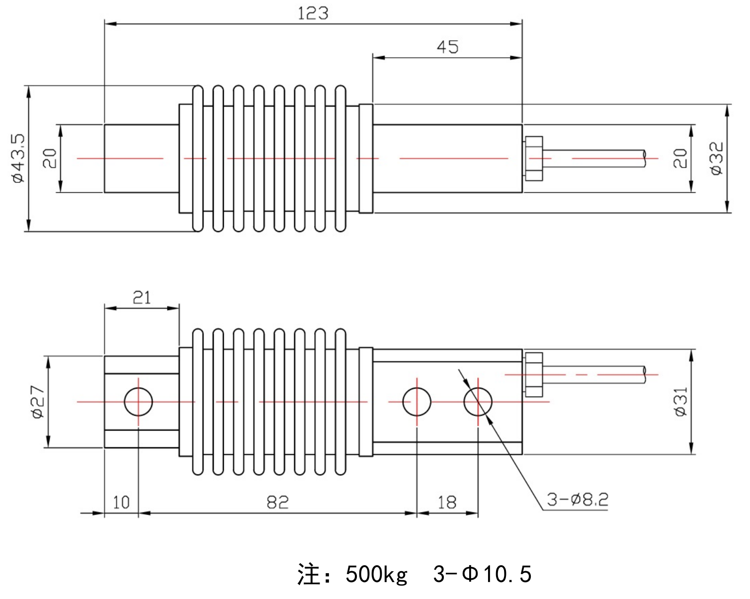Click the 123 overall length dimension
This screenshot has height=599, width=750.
point(313,13)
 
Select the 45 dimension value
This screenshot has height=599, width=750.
point(447,47)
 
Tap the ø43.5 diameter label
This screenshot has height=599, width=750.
point(18,159)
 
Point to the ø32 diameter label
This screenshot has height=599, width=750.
point(716,159)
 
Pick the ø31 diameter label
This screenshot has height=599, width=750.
point(680,402)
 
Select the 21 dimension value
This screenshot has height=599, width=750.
point(142,297)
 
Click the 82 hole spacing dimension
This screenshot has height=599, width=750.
point(277,503)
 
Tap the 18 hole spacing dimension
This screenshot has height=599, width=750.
point(447,503)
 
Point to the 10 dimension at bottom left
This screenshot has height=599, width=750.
point(121,503)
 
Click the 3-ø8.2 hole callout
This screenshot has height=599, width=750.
point(578,499)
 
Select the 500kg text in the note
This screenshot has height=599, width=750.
point(376,574)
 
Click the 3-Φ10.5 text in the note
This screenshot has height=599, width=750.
point(482,574)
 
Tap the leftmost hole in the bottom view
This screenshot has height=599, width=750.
point(138,402)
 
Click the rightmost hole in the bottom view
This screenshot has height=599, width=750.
point(478,402)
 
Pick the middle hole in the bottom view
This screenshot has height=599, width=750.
point(417,402)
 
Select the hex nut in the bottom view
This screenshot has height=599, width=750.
point(533,374)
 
